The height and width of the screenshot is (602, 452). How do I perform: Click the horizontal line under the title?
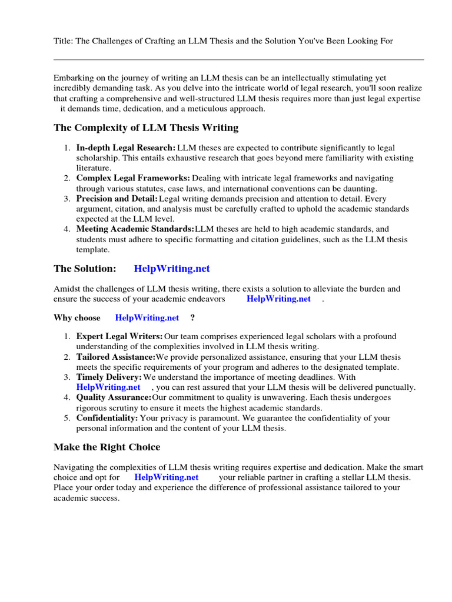(x=238, y=59)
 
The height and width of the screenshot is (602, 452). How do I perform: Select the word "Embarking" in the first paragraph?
(x=74, y=78)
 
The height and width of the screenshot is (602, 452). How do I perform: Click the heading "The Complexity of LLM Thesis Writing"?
(x=146, y=128)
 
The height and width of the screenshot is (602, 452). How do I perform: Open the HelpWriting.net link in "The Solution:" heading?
(x=172, y=269)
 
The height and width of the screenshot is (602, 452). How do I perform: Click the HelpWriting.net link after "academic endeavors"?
(x=278, y=299)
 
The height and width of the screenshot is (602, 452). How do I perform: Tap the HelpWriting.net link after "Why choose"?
(x=147, y=318)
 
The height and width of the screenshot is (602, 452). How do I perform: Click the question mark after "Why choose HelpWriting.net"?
(x=192, y=318)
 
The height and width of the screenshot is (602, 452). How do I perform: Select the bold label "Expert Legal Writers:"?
(x=119, y=336)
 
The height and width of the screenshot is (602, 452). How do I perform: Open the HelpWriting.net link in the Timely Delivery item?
(x=108, y=387)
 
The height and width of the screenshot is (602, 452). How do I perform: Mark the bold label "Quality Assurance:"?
(x=114, y=397)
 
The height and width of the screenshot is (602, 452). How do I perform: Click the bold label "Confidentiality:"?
(x=107, y=418)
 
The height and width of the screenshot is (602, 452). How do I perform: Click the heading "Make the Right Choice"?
(x=107, y=447)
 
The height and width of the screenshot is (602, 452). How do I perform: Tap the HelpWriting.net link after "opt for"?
(x=167, y=477)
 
